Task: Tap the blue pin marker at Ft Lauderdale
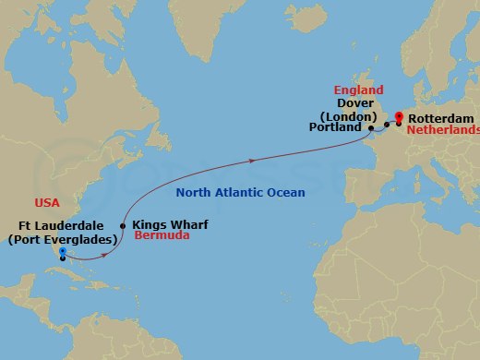61,251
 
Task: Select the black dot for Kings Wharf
123,224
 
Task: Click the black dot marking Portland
370,129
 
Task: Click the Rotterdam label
440,119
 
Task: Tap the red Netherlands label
444,131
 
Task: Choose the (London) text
348,117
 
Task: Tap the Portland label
336,129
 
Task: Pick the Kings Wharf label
171,223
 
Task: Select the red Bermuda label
162,236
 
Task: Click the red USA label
48,201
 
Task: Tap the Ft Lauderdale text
62,226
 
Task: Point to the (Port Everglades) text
61,239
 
